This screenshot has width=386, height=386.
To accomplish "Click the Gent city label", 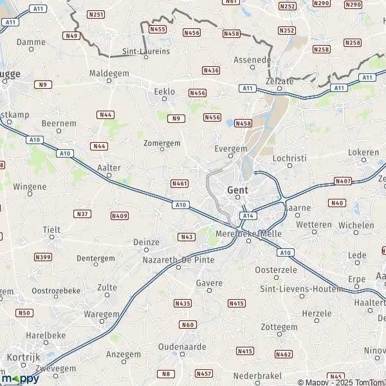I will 237,190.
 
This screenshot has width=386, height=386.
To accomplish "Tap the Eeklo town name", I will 165,92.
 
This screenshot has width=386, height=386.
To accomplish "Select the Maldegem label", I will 105,73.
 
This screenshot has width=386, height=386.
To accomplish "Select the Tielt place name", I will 51,230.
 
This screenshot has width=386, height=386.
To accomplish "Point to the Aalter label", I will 109,168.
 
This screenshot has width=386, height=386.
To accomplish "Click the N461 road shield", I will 179,184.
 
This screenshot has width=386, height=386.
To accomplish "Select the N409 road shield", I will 119,216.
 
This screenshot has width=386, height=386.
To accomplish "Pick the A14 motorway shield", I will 249,216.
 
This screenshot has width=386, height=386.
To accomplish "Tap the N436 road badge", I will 210,70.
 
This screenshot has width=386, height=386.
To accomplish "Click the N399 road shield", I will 43,257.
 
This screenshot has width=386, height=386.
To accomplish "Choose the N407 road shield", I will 343,181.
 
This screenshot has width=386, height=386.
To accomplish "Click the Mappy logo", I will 21,378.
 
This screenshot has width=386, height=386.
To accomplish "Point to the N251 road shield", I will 96,14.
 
